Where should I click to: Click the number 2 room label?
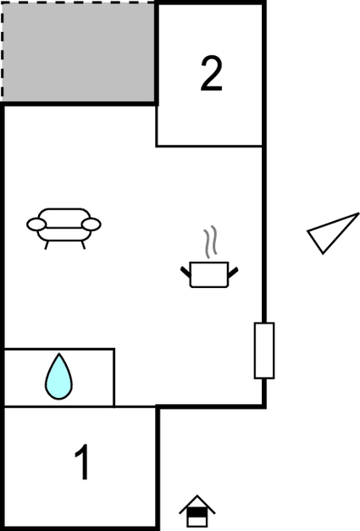coord(211,74)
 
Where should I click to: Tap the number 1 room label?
coord(82,462)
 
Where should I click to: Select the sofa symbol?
coord(64,229)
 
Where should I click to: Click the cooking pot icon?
coord(209,274)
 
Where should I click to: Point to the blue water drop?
coord(59,377)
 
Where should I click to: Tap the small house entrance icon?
coord(197,512)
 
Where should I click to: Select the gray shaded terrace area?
coord(79,52)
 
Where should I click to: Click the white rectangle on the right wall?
coord(264,351)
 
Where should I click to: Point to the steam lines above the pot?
coord(210,241)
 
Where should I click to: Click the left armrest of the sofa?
coord(36,224)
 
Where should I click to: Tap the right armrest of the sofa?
coord(91,224)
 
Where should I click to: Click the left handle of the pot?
coord(186,272)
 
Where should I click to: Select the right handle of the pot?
coord(233,272)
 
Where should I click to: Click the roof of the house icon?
coord(197,504)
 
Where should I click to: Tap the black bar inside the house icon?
coord(197,512)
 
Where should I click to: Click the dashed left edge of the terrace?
coord(2,52)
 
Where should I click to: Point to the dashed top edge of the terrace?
coord(79,3)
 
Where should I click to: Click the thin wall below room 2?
coord(209,147)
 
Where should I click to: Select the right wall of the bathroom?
coord(114,377)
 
